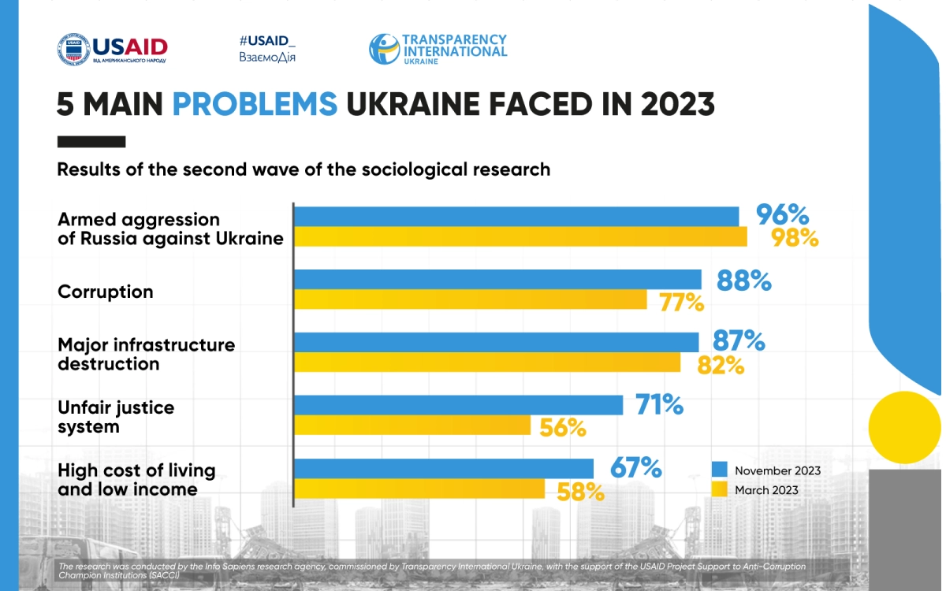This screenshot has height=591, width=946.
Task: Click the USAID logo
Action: (x=112, y=50)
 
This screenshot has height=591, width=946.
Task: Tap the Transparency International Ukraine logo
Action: (x=438, y=49)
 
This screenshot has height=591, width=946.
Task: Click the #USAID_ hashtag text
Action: (x=267, y=40)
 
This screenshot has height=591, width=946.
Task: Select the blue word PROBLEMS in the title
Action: (x=255, y=104)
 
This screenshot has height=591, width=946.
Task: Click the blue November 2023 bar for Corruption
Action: (x=497, y=280)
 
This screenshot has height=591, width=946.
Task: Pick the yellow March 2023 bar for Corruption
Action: (x=471, y=300)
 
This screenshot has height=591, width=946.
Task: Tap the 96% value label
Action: (x=782, y=214)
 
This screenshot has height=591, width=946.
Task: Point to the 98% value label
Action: (x=795, y=237)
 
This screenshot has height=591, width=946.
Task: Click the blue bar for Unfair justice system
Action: (x=458, y=405)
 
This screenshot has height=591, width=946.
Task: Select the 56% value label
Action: (x=563, y=428)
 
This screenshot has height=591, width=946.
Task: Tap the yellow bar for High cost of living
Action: (x=419, y=489)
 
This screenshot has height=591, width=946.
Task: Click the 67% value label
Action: (x=635, y=467)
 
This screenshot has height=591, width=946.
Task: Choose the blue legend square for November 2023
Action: (x=719, y=470)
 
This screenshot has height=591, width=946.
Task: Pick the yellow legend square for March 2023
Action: (x=719, y=489)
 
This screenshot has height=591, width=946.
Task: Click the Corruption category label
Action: (x=106, y=292)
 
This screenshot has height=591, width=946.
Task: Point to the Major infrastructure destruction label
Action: (x=147, y=355)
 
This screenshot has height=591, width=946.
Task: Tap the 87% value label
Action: (x=739, y=341)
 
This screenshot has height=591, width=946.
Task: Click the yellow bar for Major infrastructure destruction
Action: (x=487, y=362)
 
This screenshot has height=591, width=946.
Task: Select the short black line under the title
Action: (x=91, y=142)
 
